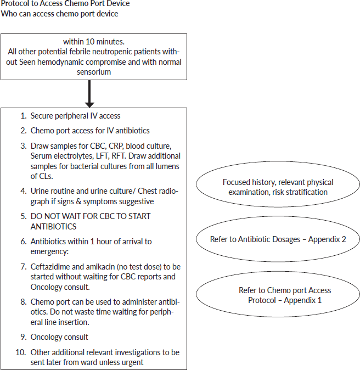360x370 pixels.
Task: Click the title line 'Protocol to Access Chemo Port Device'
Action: pos(65,4)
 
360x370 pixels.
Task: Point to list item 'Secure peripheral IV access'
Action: pos(76,116)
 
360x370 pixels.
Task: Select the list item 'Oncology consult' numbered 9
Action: pos(59,337)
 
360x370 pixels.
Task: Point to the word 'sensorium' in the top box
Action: pos(94,72)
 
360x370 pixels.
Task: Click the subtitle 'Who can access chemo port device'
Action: pos(59,14)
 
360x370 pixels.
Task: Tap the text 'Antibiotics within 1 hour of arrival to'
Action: pos(91,242)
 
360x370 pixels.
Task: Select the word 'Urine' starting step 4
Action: pos(40,192)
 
